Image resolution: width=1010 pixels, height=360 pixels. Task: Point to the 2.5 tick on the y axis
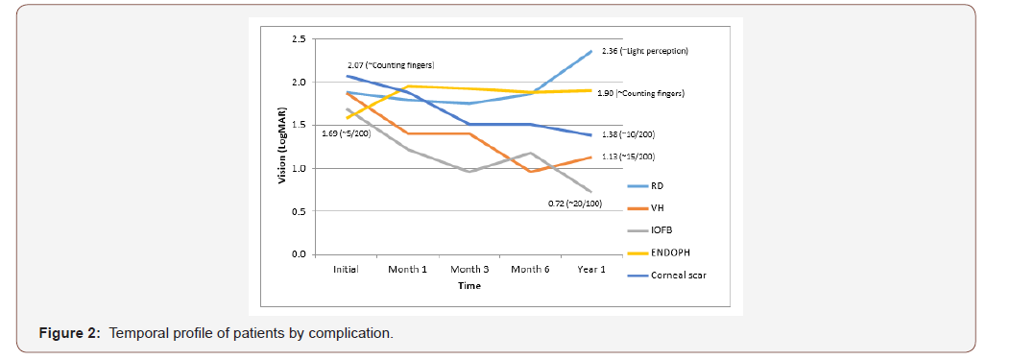click(x=299, y=39)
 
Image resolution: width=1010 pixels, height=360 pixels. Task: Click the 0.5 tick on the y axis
click(x=299, y=211)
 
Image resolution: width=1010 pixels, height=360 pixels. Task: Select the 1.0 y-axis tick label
click(x=299, y=168)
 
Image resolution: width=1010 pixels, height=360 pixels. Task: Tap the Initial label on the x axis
click(x=346, y=270)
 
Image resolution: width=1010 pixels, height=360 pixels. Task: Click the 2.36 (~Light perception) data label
click(x=645, y=50)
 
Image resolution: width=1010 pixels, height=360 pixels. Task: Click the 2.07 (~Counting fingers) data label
click(x=391, y=64)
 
